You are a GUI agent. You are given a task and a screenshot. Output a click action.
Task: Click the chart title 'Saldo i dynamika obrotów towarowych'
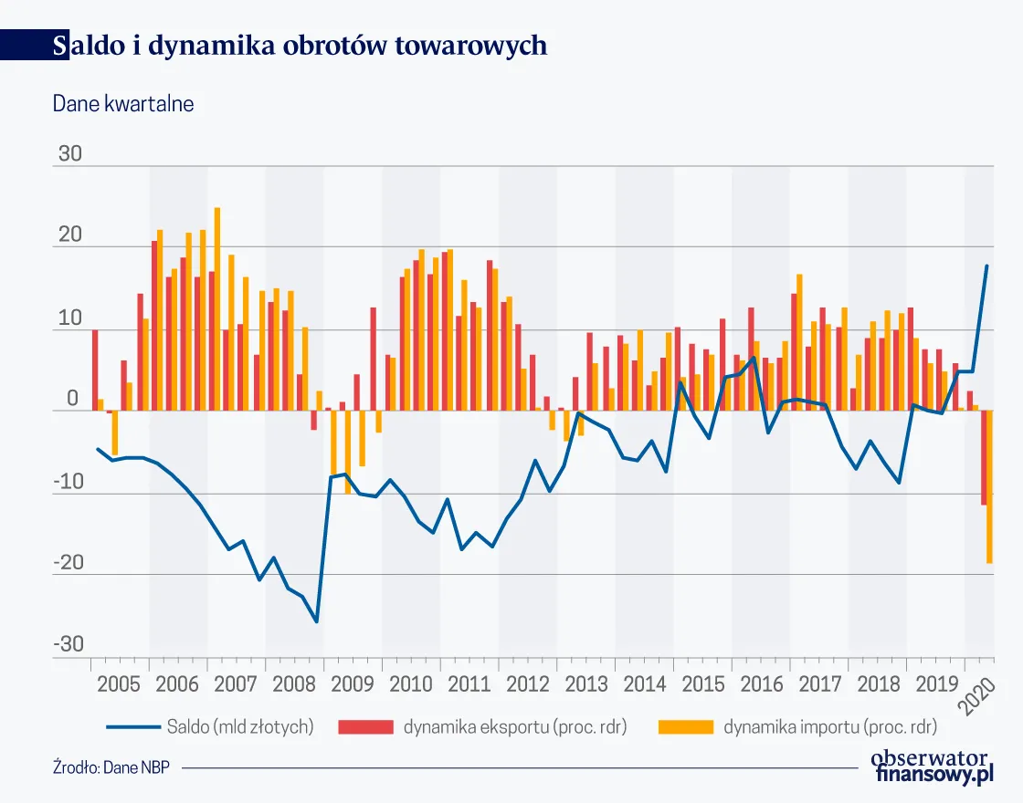click(301, 45)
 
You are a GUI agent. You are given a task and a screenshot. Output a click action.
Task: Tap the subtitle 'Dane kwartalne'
click(123, 104)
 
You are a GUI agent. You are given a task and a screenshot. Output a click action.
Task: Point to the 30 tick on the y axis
click(69, 154)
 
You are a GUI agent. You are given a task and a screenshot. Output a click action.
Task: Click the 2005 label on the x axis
click(120, 684)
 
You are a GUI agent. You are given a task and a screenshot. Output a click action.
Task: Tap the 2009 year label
click(353, 684)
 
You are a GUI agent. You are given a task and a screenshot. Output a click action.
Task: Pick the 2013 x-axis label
click(585, 684)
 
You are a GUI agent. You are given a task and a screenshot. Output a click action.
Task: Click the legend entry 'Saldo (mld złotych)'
click(240, 727)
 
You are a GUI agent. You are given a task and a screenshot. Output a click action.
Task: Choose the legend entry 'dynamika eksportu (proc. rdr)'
click(515, 727)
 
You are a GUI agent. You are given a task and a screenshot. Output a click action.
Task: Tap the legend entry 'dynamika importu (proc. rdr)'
click(830, 727)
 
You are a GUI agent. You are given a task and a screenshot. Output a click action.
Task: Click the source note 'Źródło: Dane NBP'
click(111, 767)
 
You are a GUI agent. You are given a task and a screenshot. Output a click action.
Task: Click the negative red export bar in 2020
click(984, 457)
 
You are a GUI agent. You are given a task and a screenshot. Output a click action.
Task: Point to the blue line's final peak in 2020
click(986, 266)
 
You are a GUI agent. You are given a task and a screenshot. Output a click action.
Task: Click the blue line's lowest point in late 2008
click(317, 621)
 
